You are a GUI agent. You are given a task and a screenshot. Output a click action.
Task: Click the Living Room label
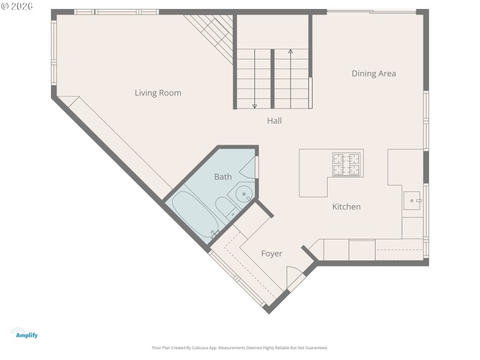coord(158,93)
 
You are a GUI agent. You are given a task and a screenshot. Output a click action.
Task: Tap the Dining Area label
coord(373,74)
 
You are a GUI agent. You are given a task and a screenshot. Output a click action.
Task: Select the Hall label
coord(274,121)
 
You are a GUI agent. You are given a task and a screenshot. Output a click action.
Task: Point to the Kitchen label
coord(346,207)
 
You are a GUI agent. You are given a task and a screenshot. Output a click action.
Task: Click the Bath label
coord(223,177)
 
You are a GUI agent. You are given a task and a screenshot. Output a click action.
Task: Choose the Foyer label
coord(271,254)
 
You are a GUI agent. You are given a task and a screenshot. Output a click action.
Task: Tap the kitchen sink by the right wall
coord(413,200)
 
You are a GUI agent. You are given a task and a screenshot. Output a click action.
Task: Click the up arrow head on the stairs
coord(291,52)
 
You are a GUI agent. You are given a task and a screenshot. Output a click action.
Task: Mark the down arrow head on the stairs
coord(254,106)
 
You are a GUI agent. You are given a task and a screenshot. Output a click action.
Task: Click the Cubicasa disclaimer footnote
coord(240,347)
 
